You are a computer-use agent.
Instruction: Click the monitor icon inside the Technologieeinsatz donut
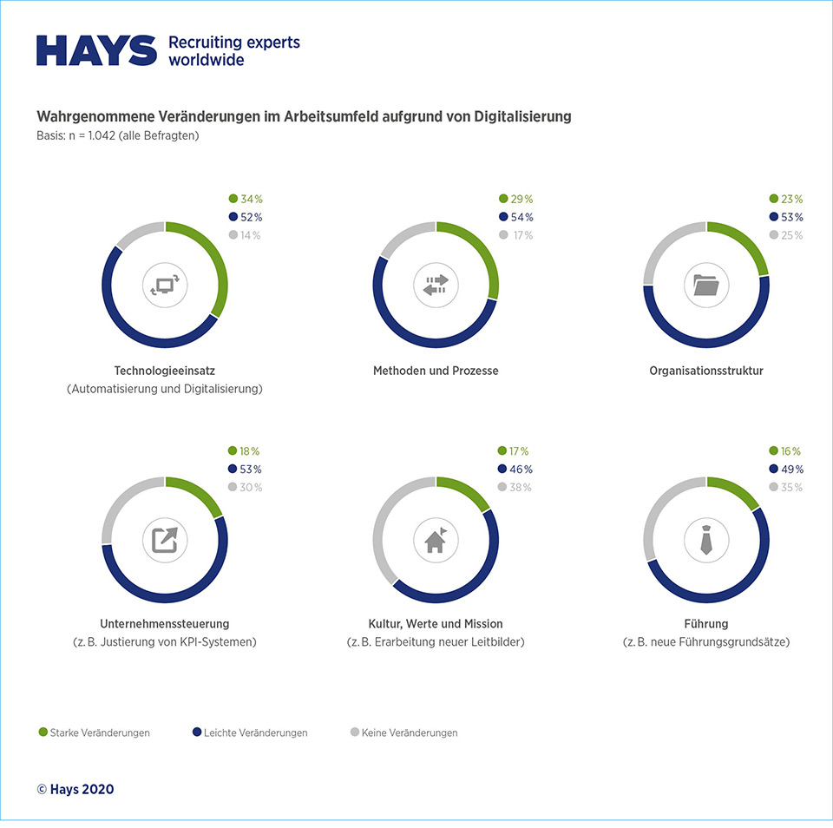click(x=164, y=285)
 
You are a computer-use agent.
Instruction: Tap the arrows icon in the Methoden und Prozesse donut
click(x=436, y=285)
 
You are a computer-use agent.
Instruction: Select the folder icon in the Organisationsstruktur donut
click(x=706, y=285)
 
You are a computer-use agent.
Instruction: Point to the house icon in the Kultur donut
click(x=436, y=540)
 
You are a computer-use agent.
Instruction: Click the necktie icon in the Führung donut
click(x=706, y=540)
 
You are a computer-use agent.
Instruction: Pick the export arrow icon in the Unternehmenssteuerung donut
click(x=164, y=540)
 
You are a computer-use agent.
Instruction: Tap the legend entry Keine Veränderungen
click(x=409, y=733)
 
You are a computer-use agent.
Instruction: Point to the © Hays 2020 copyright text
click(x=75, y=789)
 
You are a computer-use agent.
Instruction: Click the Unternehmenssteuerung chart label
click(x=165, y=623)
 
